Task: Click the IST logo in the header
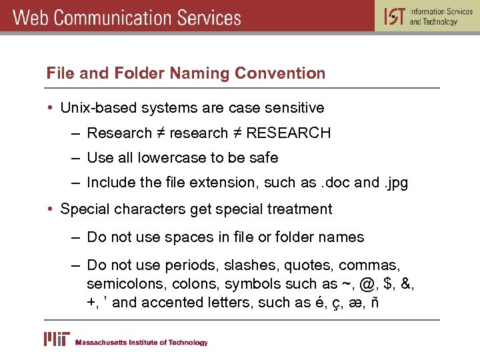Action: coord(395,16)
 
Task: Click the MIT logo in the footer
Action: coord(57,340)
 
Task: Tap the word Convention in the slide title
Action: coord(283,73)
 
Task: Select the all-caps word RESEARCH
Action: coord(288,133)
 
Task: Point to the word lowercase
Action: coord(173,158)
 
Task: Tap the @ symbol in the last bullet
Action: coord(367,284)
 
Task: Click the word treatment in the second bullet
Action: coord(299,209)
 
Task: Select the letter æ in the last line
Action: coord(357,303)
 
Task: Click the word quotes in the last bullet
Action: coord(307,265)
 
